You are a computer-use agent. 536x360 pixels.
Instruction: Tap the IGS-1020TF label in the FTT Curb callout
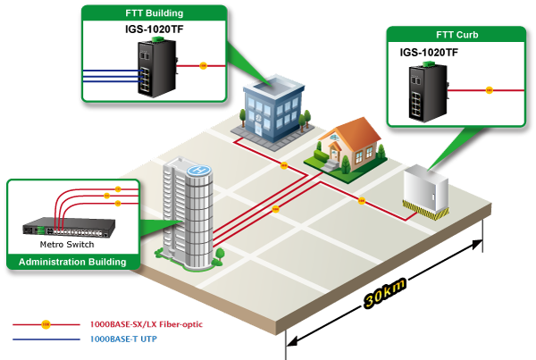pyautogui.click(x=429, y=53)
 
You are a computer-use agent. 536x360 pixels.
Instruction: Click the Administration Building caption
pyautogui.click(x=73, y=262)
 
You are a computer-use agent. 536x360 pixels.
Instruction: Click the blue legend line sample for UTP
pyautogui.click(x=46, y=339)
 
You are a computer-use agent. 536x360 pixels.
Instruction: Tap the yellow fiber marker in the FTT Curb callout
pyautogui.click(x=489, y=89)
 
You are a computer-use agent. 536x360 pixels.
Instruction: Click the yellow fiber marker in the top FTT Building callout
pyautogui.click(x=204, y=65)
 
